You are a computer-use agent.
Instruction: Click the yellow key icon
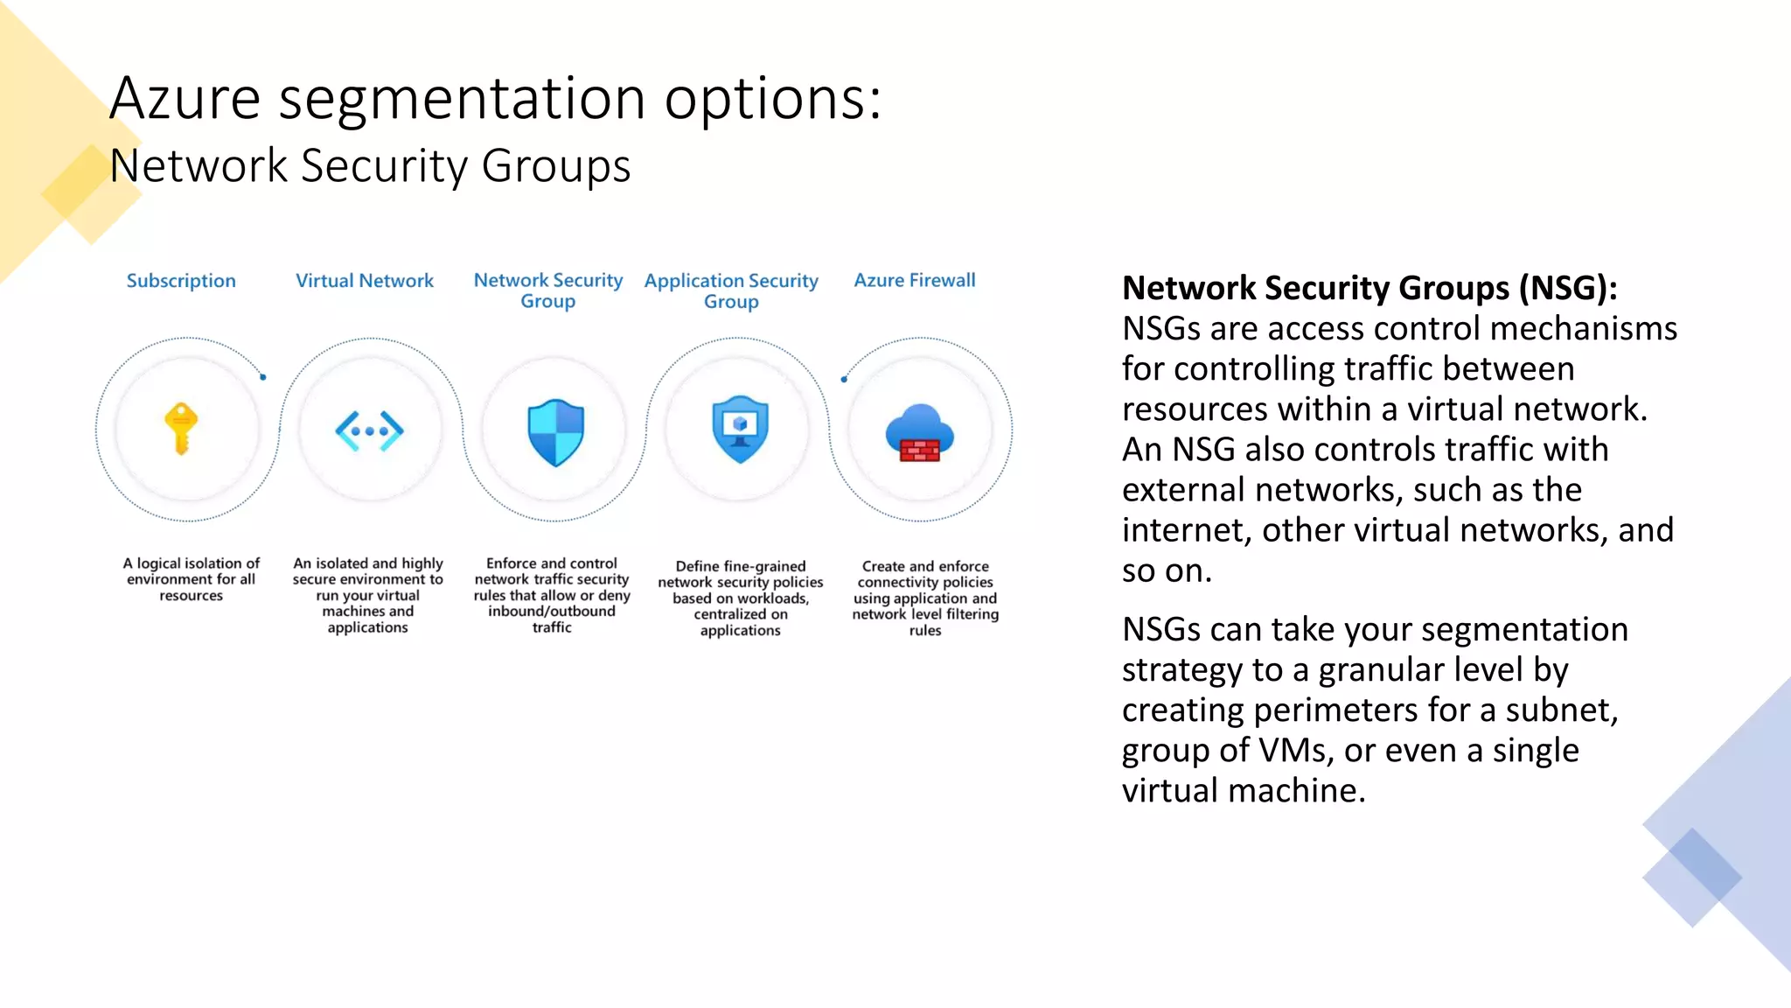[182, 429]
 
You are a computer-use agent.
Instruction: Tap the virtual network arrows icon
[370, 430]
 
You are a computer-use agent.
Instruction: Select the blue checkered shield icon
[555, 432]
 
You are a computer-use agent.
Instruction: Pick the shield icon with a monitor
[740, 429]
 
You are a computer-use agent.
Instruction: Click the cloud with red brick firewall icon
[919, 433]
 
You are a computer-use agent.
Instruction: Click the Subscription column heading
[181, 281]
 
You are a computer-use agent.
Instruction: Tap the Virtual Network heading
[365, 281]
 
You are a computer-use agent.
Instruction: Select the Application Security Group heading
[731, 290]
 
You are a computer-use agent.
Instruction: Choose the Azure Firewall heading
[915, 280]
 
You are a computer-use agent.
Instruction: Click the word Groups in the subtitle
[555, 166]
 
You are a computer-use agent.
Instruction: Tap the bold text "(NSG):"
[1568, 288]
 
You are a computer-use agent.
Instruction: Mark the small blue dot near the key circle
[263, 377]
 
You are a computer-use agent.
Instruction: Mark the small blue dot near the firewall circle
[844, 379]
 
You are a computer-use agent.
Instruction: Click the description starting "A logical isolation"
[192, 579]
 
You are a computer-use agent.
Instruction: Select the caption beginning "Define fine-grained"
[741, 598]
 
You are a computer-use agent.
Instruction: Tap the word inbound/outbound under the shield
[552, 612]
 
